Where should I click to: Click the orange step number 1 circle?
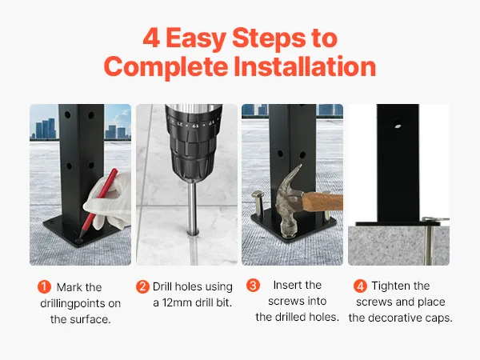point(44,287)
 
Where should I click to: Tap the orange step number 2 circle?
point(142,286)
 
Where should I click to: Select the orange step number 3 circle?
point(253,285)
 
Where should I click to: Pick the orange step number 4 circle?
point(360,286)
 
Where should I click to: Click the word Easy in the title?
point(196,39)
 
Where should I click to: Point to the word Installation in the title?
point(305,66)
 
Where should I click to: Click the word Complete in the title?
point(166,67)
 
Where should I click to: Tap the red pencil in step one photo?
point(98,202)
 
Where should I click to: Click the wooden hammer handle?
point(322,202)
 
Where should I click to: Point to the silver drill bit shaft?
point(192,209)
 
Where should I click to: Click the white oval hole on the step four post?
point(398,126)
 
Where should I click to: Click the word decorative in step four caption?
point(396,318)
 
